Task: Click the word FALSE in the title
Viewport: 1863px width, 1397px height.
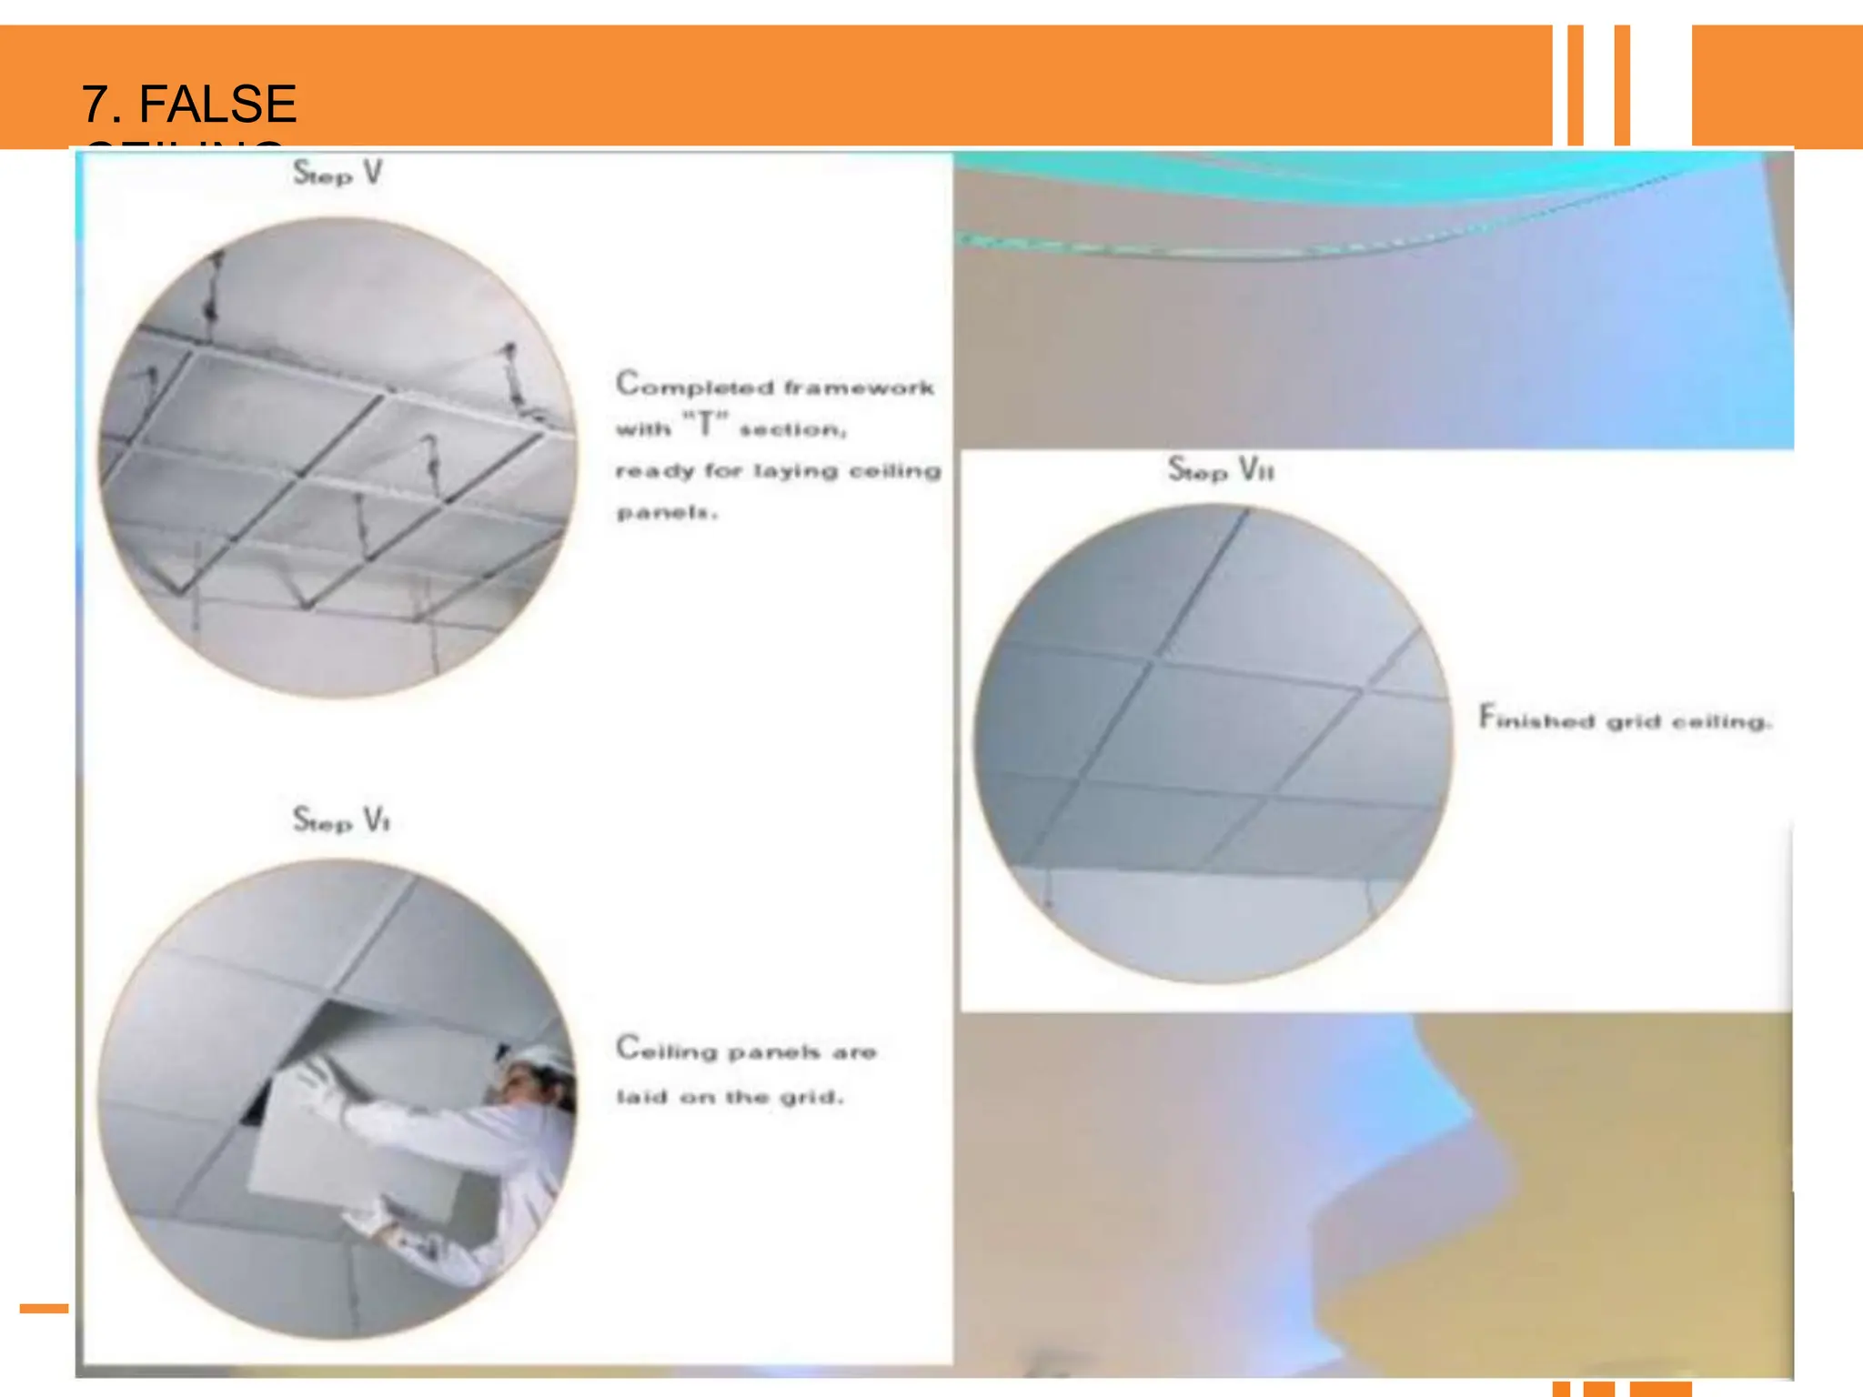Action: click(x=217, y=104)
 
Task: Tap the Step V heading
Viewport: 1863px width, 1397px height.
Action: click(x=337, y=173)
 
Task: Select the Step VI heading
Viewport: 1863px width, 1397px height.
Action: click(x=341, y=820)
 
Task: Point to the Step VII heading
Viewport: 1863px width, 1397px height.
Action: click(x=1221, y=469)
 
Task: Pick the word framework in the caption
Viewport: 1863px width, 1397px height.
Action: click(x=859, y=388)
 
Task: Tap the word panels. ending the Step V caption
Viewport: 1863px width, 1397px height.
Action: click(x=667, y=513)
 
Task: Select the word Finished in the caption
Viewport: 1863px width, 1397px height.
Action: click(x=1536, y=719)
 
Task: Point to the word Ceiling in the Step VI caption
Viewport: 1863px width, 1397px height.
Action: click(x=667, y=1050)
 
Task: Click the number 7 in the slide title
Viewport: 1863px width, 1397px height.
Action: click(x=95, y=104)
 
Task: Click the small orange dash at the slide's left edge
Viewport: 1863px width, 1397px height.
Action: click(x=44, y=1309)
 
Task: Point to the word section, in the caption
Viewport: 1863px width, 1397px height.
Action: click(x=792, y=429)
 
